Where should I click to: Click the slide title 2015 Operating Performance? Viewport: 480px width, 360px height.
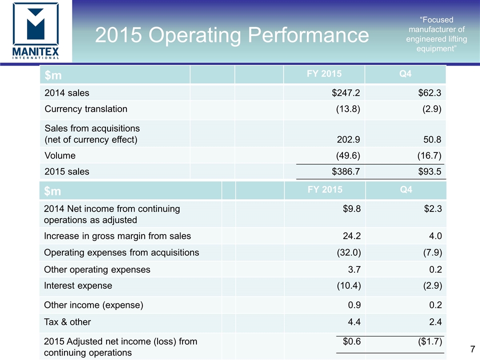tap(232, 35)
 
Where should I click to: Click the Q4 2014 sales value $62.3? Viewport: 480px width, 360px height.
tap(429, 92)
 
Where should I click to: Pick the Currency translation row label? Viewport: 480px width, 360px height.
tap(86, 108)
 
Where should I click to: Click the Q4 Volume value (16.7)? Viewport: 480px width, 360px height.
tap(428, 155)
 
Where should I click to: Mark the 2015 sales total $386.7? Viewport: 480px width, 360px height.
tap(346, 171)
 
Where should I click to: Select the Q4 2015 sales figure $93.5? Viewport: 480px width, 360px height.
tap(429, 171)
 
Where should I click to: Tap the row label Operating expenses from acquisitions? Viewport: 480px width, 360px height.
tap(121, 252)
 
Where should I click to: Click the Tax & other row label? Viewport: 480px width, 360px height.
tap(67, 321)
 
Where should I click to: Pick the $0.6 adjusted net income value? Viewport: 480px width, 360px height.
tap(352, 341)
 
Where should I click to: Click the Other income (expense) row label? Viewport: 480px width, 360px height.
tap(93, 305)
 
